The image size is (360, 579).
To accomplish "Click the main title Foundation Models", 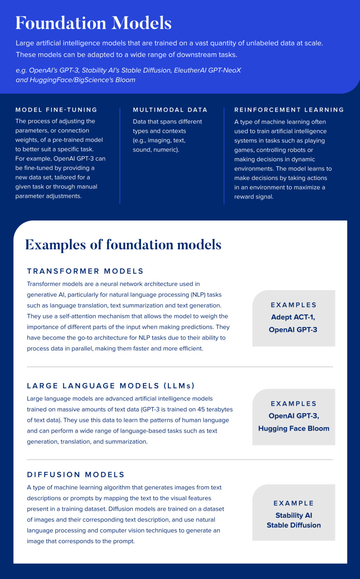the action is point(94,23).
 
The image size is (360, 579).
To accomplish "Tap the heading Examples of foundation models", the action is point(123,244).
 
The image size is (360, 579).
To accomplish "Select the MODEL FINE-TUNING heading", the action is point(56,110).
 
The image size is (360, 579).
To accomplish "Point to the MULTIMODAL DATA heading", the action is point(170,110).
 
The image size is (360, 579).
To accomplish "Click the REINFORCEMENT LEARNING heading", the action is point(289,110).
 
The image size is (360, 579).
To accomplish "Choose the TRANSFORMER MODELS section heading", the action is point(85,271).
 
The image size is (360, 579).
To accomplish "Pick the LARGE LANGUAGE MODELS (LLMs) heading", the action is point(111,386).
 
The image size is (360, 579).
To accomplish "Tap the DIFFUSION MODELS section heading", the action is point(76,475).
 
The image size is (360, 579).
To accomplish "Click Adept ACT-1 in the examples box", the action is point(293,317).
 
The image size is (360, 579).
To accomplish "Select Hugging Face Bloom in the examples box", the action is point(294,428).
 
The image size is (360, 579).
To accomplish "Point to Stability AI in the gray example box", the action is point(294,515).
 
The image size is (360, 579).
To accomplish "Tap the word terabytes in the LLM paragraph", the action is point(220,409).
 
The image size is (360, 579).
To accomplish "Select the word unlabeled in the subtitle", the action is point(261,43).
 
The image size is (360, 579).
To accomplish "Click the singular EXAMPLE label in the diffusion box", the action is point(294,503).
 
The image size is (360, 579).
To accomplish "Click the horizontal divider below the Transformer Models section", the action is point(180,367).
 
